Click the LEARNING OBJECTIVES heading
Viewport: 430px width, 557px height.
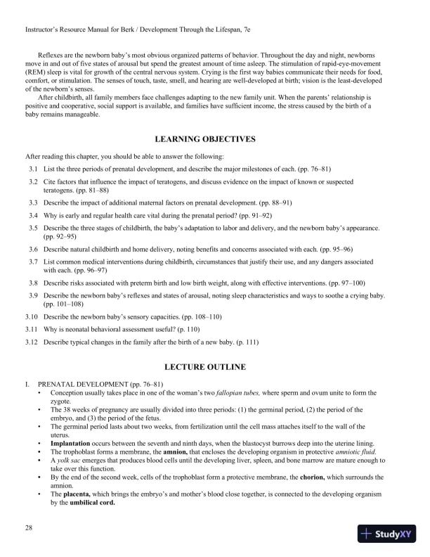coord(215,139)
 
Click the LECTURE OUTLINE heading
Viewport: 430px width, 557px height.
coord(215,367)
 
